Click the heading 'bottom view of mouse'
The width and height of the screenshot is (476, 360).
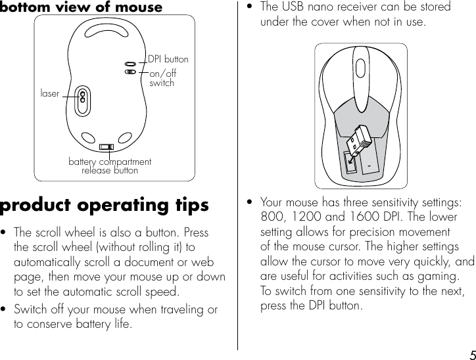81,7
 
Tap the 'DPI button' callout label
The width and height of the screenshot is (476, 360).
168,59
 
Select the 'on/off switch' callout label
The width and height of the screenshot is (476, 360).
162,78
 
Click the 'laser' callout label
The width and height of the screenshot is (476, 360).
49,94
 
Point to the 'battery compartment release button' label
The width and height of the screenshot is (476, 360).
110,166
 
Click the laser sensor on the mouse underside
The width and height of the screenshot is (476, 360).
83,96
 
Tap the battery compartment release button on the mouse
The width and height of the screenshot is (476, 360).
107,146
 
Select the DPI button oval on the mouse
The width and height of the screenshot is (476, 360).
131,64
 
